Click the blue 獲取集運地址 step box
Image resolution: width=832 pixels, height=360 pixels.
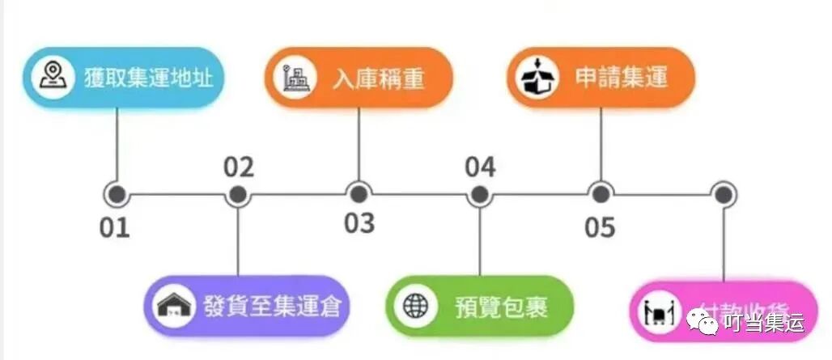click(x=121, y=78)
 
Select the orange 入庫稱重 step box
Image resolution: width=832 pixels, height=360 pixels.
click(x=358, y=78)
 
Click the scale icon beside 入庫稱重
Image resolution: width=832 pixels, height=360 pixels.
click(x=292, y=78)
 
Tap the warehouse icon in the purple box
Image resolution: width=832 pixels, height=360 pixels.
click(x=176, y=307)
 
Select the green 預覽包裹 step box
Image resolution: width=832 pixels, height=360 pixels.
click(x=479, y=307)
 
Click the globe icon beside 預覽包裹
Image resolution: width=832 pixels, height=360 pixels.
click(x=415, y=307)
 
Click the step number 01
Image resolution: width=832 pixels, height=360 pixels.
click(x=115, y=228)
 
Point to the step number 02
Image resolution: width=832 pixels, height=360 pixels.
click(x=239, y=167)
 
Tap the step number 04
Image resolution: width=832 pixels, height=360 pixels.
click(x=480, y=167)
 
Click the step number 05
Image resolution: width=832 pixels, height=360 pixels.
click(x=601, y=228)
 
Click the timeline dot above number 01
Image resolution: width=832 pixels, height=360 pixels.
click(x=117, y=195)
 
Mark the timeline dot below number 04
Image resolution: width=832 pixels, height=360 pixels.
click(x=480, y=195)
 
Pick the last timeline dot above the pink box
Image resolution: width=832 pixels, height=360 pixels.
click(x=723, y=194)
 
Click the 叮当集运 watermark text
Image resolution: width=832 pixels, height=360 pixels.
click(x=762, y=324)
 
